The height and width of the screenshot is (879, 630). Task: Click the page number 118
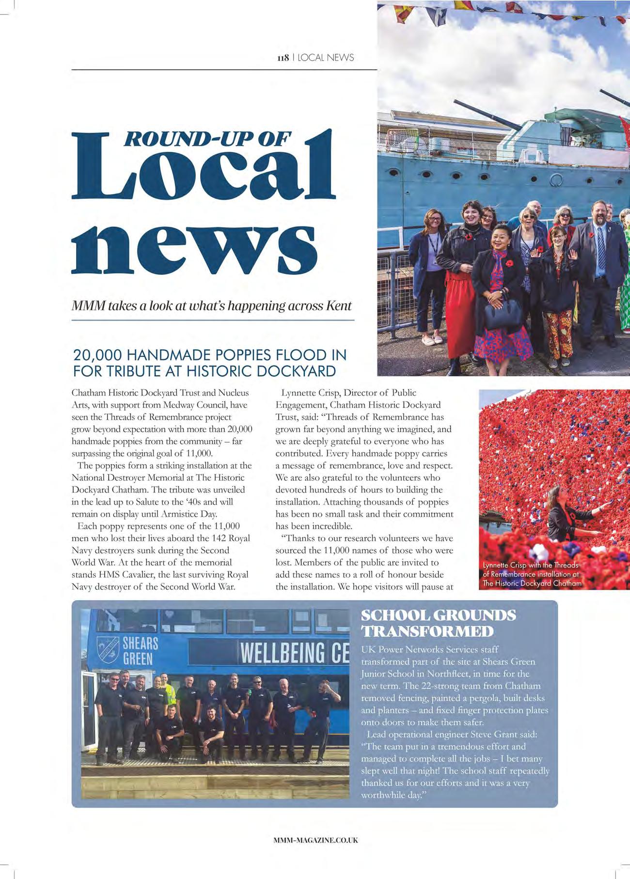pos(283,58)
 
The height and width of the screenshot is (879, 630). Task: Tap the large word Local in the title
pos(204,175)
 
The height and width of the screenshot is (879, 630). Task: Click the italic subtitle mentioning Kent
pos(211,306)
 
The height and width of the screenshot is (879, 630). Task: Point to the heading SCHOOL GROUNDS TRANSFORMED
pos(438,623)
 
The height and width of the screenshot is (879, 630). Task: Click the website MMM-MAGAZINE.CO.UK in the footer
pos(315,840)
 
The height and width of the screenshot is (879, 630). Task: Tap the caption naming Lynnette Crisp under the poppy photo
pos(532,574)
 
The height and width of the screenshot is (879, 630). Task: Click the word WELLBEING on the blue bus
pos(283,653)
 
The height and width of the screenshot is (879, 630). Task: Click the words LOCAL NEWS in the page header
pos(325,58)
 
